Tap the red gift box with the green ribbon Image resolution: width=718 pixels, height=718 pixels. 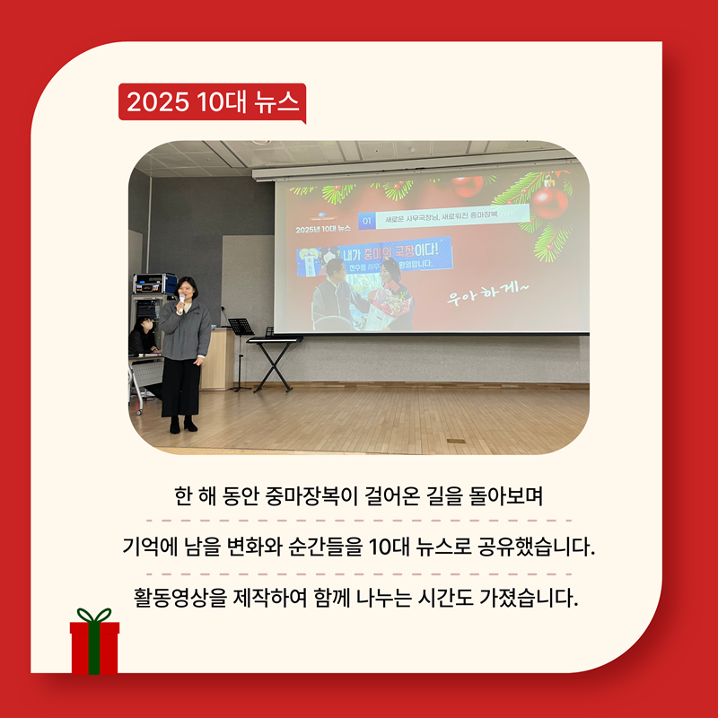[x=94, y=644]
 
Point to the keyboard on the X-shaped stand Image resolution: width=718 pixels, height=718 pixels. [x=275, y=339]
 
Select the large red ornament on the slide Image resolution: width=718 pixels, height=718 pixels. [x=549, y=202]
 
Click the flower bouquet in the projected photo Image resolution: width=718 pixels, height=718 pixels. [x=393, y=305]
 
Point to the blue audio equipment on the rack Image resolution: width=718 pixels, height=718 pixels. [x=154, y=284]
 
